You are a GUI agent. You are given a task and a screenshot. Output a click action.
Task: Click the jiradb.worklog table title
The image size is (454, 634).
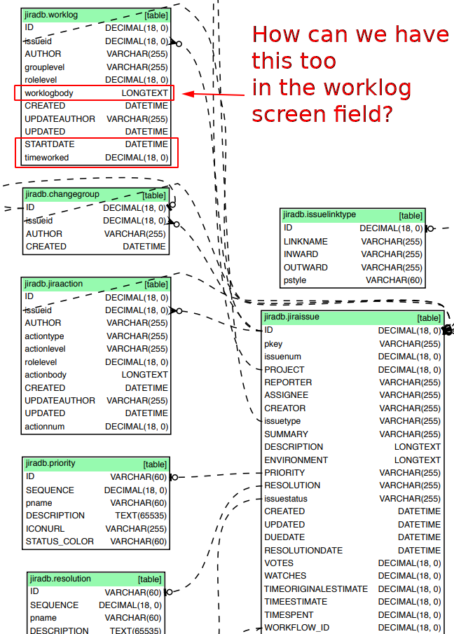[x=51, y=15]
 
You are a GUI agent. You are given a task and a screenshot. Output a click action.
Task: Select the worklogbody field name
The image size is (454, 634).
[x=49, y=92]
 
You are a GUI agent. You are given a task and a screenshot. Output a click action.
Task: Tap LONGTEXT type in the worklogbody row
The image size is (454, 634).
[x=144, y=92]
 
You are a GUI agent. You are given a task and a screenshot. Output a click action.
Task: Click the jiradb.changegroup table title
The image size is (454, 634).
[x=62, y=194]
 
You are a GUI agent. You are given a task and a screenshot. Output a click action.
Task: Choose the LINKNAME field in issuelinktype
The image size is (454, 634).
[x=305, y=242]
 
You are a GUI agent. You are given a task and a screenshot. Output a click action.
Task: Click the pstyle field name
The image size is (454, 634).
[x=295, y=280]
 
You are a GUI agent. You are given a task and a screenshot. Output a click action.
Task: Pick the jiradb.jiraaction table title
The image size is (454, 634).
[x=54, y=284]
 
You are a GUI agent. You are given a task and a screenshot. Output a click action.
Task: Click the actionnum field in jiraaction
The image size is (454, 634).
[x=45, y=426]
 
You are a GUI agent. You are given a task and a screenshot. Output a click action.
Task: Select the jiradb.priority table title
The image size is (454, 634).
[x=50, y=463]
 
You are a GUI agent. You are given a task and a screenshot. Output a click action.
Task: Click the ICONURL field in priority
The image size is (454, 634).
[x=46, y=528]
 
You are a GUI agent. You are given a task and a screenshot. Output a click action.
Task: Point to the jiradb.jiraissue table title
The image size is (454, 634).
[x=291, y=317]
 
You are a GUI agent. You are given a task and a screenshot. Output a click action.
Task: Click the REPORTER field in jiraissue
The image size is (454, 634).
[x=288, y=383]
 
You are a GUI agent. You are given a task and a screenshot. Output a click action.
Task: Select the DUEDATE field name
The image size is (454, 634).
[x=285, y=537]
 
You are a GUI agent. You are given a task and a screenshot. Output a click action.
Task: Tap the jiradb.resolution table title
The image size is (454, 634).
[x=60, y=579]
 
